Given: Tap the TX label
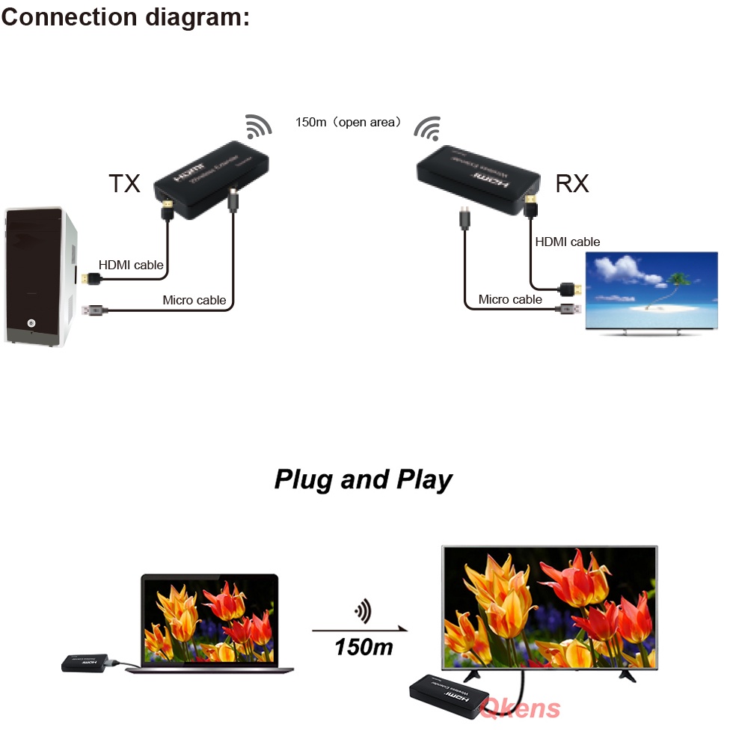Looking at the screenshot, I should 124,183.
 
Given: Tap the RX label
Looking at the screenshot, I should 572,183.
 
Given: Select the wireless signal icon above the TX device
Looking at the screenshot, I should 259,126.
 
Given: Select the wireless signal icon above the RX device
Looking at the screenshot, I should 429,129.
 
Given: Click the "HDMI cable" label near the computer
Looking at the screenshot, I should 131,265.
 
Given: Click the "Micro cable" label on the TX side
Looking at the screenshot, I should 194,300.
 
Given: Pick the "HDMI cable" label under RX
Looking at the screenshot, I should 567,242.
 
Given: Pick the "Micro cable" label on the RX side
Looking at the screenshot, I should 510,299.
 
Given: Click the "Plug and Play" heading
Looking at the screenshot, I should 364,479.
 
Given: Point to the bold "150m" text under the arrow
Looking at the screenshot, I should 364,645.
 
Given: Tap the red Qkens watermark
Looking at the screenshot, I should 521,708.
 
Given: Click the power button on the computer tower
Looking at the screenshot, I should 31,323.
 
